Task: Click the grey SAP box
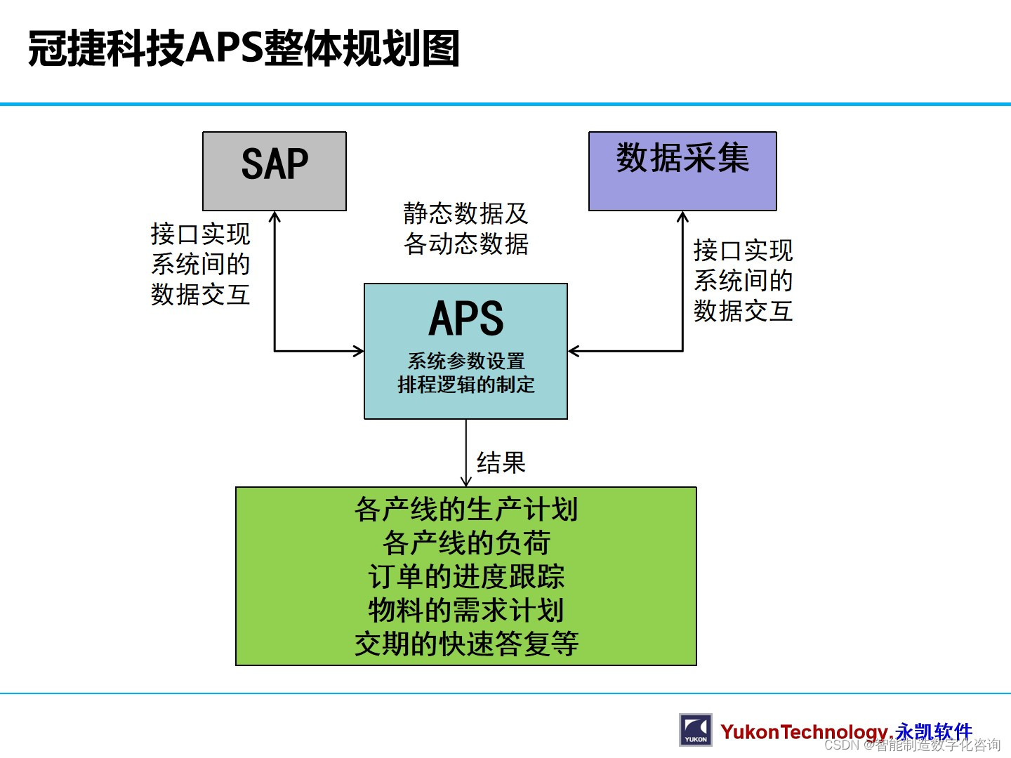pyautogui.click(x=275, y=171)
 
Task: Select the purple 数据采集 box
pyautogui.click(x=682, y=171)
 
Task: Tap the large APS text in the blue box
pyautogui.click(x=466, y=319)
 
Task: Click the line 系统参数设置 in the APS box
pyautogui.click(x=466, y=361)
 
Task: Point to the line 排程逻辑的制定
pyautogui.click(x=466, y=385)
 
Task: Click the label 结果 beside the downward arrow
pyautogui.click(x=501, y=463)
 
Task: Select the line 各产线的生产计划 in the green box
pyautogui.click(x=466, y=510)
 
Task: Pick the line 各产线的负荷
pyautogui.click(x=466, y=543)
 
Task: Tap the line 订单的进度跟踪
pyautogui.click(x=466, y=577)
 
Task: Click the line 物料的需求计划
pyautogui.click(x=466, y=610)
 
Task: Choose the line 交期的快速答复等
pyautogui.click(x=466, y=644)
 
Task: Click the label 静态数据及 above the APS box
pyautogui.click(x=465, y=213)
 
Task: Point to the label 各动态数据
pyautogui.click(x=465, y=244)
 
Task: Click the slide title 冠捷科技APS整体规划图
pyautogui.click(x=244, y=48)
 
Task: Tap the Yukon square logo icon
pyautogui.click(x=695, y=730)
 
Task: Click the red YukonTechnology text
pyautogui.click(x=804, y=732)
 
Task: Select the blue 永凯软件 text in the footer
pyautogui.click(x=934, y=731)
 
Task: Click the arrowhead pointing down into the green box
pyautogui.click(x=466, y=481)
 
